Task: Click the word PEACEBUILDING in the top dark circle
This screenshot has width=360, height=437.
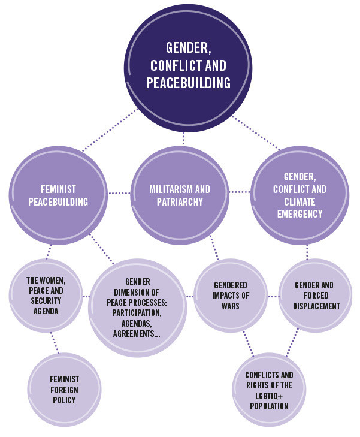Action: click(188, 83)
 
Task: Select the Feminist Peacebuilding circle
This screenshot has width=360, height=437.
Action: click(58, 195)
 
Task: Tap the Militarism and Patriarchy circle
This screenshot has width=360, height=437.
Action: click(180, 195)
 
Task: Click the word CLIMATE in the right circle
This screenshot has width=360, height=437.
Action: click(300, 201)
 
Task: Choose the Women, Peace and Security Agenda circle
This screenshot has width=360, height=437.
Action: click(46, 296)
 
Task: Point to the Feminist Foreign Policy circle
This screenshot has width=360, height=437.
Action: click(64, 390)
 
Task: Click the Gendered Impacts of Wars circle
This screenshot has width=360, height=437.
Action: click(231, 296)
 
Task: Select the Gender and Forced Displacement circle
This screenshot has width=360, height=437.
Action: click(316, 296)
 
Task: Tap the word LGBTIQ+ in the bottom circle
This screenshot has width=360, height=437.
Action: click(269, 396)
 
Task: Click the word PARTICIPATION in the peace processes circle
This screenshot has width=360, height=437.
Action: click(137, 313)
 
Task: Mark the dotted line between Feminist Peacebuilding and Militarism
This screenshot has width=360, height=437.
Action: click(119, 193)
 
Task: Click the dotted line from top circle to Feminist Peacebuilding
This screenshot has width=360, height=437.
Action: click(110, 130)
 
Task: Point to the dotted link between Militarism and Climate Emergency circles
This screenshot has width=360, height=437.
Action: click(240, 192)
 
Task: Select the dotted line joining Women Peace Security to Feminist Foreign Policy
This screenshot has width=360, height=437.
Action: click(55, 343)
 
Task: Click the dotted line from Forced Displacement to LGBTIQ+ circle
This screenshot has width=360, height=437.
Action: click(292, 342)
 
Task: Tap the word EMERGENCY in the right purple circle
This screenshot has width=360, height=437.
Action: click(300, 214)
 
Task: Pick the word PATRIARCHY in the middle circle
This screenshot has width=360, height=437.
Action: click(180, 201)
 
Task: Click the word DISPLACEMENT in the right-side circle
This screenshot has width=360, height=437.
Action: click(316, 306)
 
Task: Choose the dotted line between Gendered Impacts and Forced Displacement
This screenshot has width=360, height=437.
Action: click(273, 296)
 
